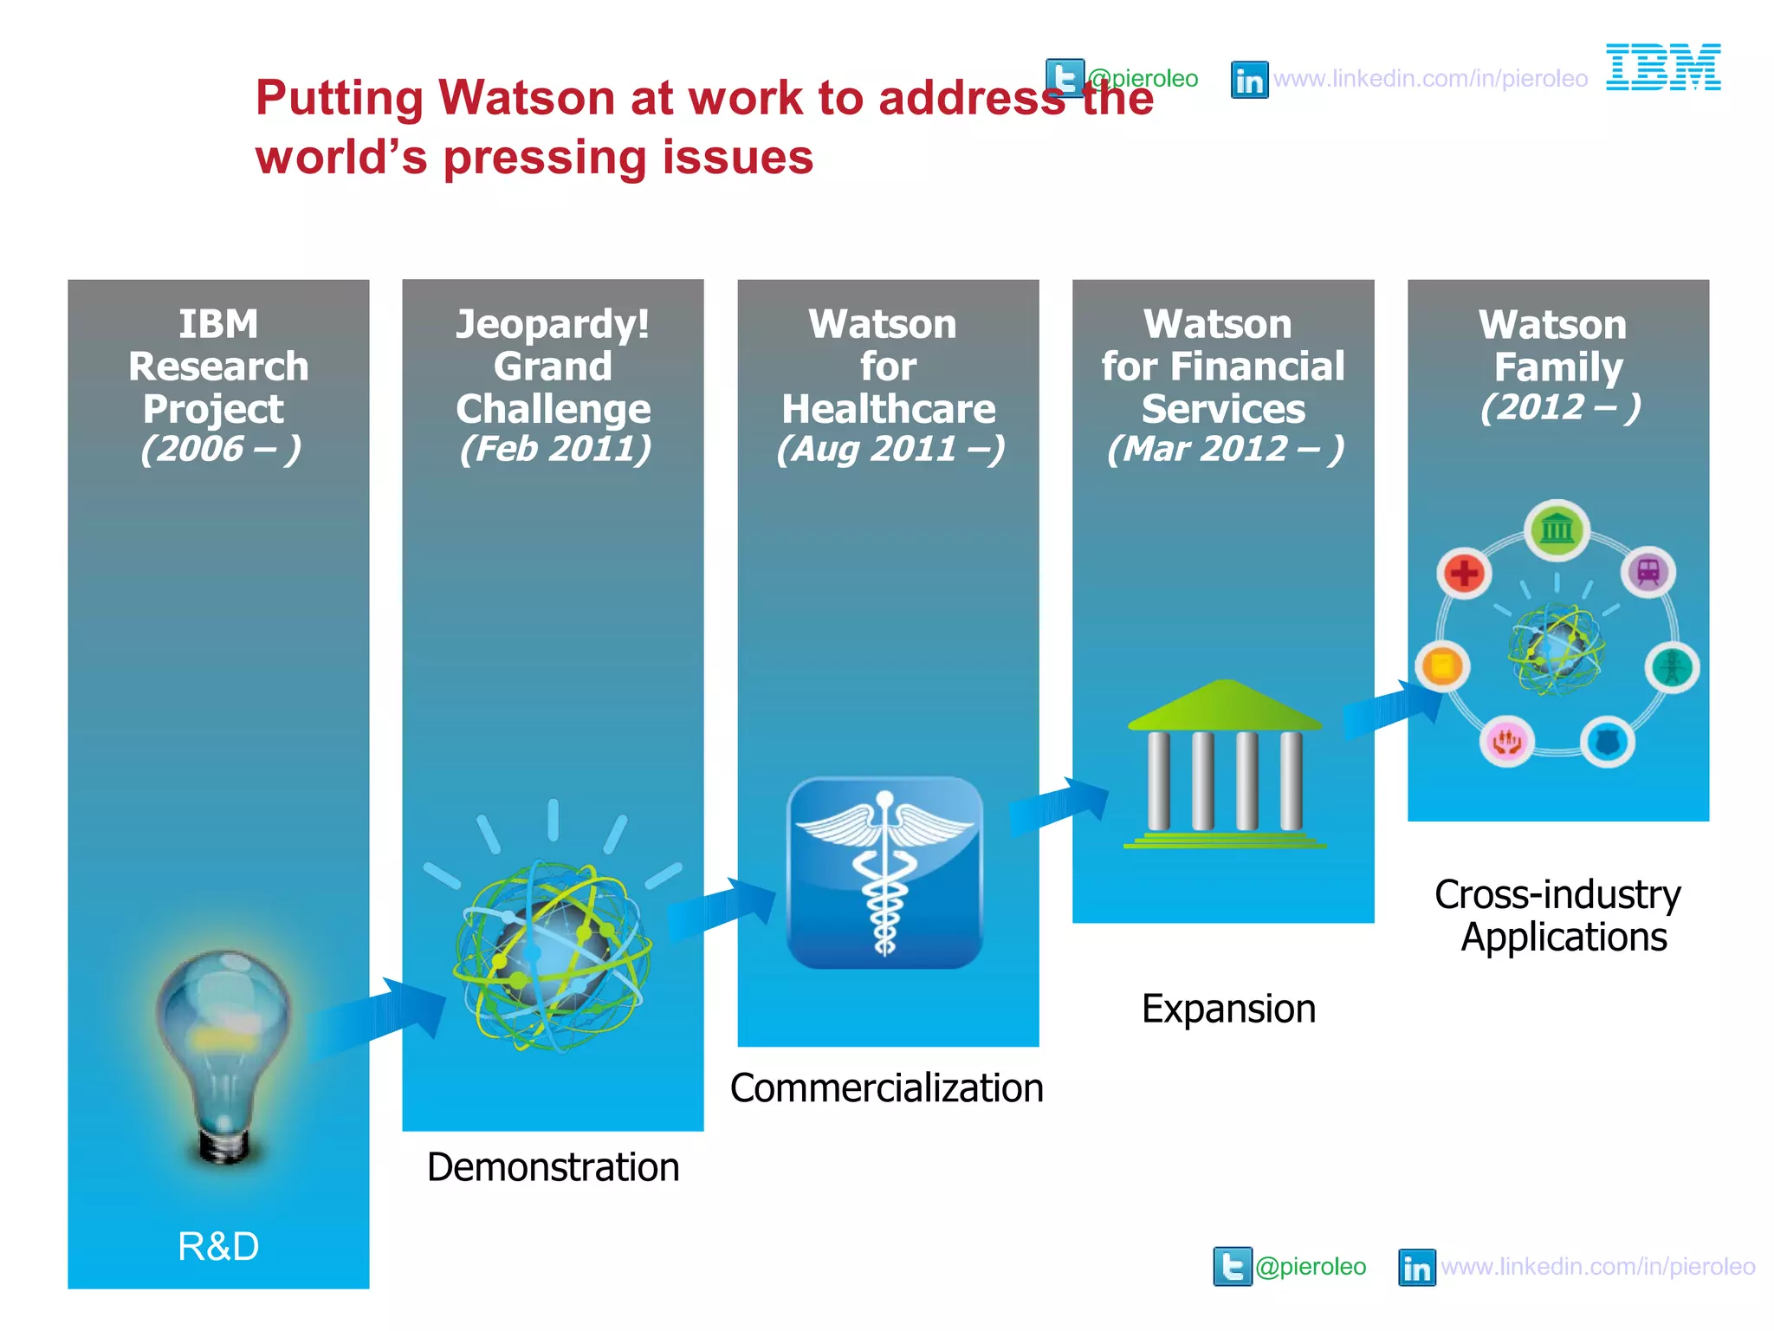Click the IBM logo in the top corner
[1662, 68]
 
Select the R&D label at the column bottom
[218, 1246]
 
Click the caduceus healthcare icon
[884, 873]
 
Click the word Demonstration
[553, 1167]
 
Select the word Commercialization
[886, 1088]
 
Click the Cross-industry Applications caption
[1558, 916]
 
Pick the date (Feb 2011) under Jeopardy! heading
[554, 449]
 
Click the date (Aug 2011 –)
[890, 449]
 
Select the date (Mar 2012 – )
[1225, 449]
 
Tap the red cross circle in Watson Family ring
[1464, 573]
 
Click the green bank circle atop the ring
[1557, 528]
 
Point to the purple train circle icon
[1648, 572]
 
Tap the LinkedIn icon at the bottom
[1416, 1268]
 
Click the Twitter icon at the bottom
[1232, 1267]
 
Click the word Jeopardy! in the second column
[553, 325]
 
